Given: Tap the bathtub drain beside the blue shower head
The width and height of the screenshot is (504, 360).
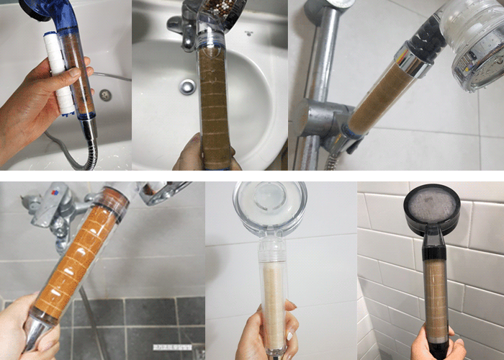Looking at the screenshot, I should click(x=106, y=94).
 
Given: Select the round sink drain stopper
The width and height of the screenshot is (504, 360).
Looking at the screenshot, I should click(x=187, y=86).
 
